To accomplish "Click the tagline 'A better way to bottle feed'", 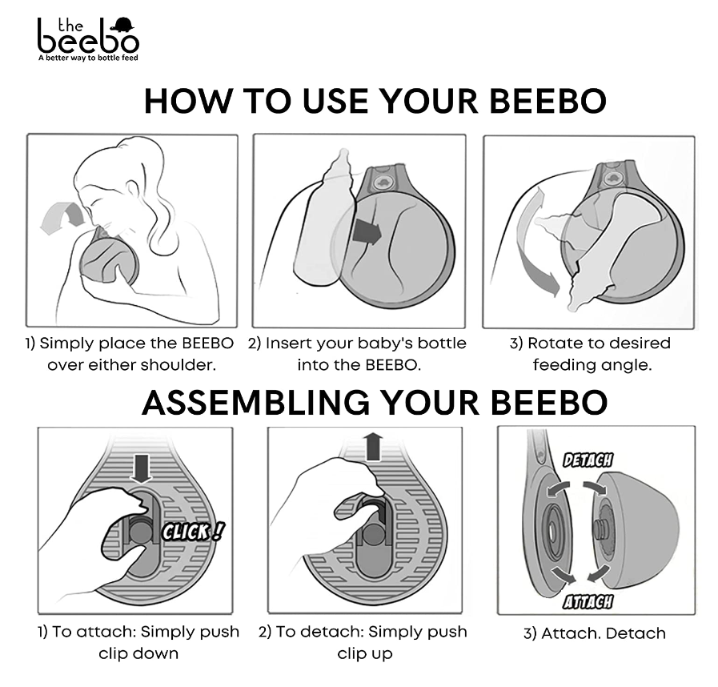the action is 88,58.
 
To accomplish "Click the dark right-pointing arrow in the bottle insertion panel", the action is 367,231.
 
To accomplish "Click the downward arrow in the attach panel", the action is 141,468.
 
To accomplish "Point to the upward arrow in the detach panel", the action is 374,447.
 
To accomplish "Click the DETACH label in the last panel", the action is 588,460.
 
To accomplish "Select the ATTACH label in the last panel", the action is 588,602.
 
